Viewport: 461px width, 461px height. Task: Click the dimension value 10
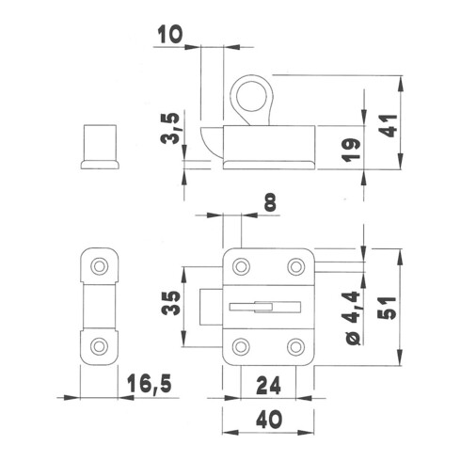pos(169,34)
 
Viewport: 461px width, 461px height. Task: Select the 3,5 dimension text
pos(170,128)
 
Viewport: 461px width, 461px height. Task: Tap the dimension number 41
pos(389,126)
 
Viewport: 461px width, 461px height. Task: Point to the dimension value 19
pos(351,151)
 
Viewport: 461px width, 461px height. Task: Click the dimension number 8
pos(270,202)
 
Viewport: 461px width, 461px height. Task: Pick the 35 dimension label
pos(171,303)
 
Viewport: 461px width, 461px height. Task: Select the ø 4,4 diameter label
pos(352,318)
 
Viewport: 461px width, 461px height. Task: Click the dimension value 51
pos(388,308)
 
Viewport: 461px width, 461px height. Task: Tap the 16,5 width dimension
pos(150,383)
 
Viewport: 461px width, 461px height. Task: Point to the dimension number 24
pos(268,386)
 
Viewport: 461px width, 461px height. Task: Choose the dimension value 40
pos(269,420)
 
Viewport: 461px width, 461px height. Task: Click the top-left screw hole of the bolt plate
pos(241,267)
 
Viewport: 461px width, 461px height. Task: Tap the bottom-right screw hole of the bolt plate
pos(296,347)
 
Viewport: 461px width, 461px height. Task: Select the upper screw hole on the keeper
pos(100,266)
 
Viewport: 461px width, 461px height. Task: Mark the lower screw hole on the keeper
pos(99,346)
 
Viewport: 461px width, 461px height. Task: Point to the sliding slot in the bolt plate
pos(265,307)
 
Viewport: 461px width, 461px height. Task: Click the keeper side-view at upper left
pos(100,147)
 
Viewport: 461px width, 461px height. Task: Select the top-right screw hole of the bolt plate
pos(296,267)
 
